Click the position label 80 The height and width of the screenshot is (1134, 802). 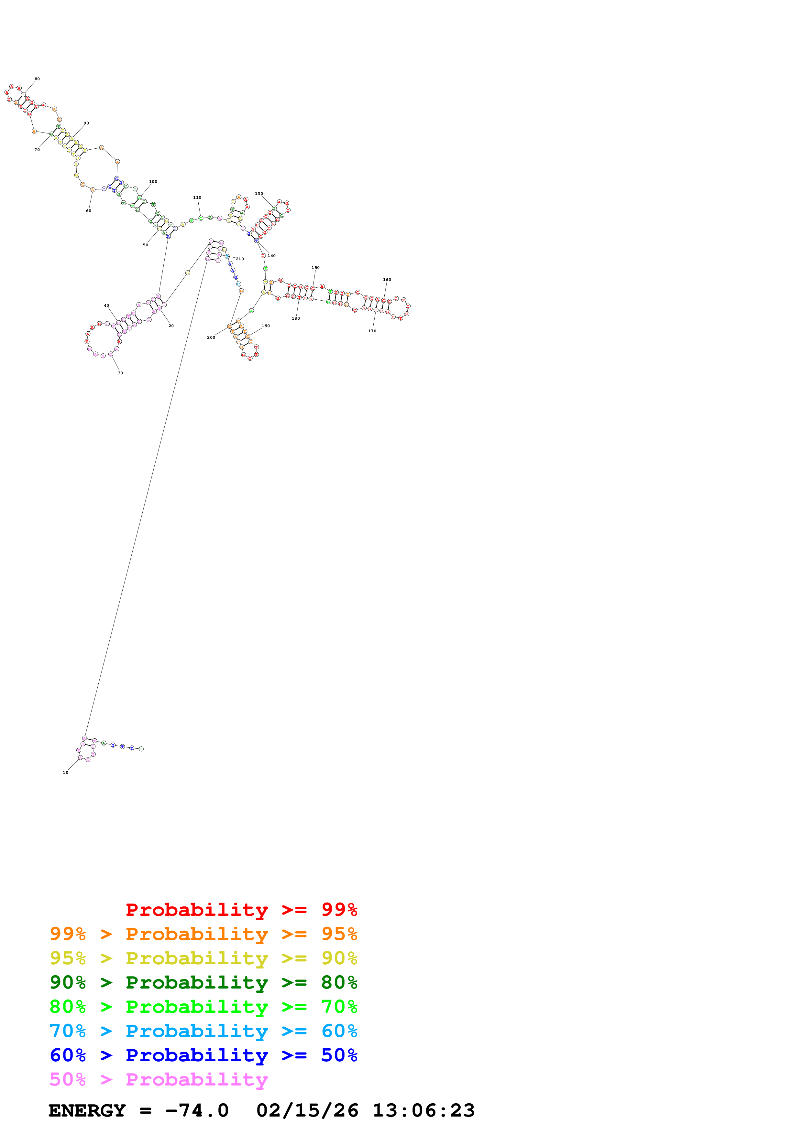click(x=37, y=79)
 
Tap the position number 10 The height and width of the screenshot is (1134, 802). click(x=65, y=773)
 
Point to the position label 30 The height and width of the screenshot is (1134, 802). click(x=120, y=373)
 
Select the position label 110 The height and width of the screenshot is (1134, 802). click(x=197, y=198)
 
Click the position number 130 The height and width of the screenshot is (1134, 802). click(x=258, y=194)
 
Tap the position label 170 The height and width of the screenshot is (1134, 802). click(x=372, y=331)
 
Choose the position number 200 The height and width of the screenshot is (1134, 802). click(x=211, y=337)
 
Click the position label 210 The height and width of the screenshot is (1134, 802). click(x=240, y=259)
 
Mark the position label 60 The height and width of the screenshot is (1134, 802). click(x=88, y=211)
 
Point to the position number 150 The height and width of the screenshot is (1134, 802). click(x=315, y=268)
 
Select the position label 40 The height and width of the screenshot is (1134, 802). click(x=106, y=306)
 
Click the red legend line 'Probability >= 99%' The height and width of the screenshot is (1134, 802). click(x=241, y=909)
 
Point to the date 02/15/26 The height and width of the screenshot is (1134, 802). click(x=307, y=1111)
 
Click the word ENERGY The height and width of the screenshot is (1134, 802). click(x=87, y=1111)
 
